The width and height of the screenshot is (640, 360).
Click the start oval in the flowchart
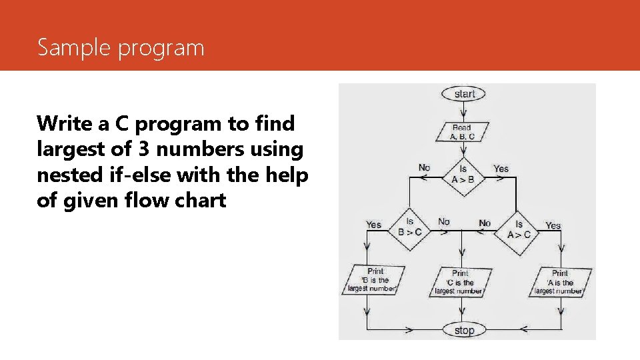coord(464,94)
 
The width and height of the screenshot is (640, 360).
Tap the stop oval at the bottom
coord(464,330)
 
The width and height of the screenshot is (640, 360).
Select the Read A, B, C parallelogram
coord(462,132)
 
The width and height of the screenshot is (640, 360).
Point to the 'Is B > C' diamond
coord(409,227)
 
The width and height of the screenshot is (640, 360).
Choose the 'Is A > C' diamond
coord(519,229)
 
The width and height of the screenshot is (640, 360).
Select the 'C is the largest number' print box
coord(460,282)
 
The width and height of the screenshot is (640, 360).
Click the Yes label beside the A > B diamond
coord(501,169)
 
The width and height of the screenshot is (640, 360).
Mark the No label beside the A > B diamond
coord(424,167)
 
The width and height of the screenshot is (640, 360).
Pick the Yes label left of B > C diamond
coord(373,225)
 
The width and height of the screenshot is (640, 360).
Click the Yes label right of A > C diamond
coord(553,225)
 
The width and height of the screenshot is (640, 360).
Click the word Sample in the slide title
coord(65,48)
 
